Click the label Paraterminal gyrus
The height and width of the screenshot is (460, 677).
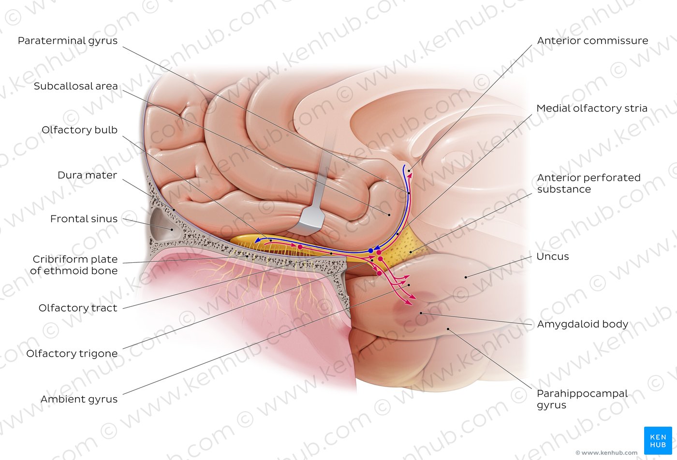point(67,41)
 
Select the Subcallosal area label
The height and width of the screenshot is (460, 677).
point(75,86)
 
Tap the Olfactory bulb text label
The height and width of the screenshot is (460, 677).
point(79,130)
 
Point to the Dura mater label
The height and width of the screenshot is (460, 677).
point(87,175)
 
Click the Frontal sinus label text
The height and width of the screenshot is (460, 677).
point(84,219)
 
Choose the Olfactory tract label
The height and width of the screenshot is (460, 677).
point(78,308)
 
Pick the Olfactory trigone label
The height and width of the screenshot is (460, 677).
point(72,353)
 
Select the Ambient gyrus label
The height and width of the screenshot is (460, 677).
point(79,399)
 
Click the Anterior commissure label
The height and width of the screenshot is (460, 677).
point(592,41)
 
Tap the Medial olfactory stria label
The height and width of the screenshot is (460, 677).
point(592,108)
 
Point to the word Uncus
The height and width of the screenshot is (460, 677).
point(552,257)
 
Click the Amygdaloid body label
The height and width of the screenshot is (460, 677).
point(582,324)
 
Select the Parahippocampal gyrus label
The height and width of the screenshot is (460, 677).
point(582,399)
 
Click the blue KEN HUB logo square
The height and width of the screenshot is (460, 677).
point(658,441)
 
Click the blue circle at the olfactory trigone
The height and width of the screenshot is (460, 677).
point(371,251)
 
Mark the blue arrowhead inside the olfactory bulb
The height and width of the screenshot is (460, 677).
point(258,241)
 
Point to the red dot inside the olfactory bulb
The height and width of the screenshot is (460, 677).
point(300,247)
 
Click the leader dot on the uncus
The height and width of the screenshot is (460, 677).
point(466,277)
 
